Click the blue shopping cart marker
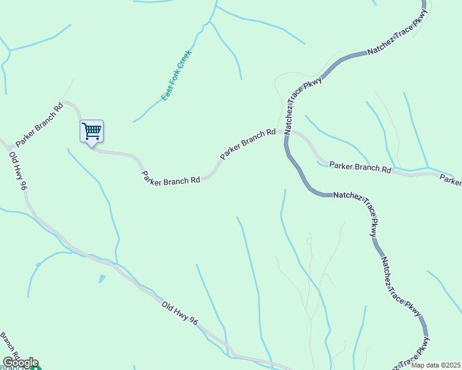(x=91, y=131)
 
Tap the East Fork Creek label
(x=177, y=75)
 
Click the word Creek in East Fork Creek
(x=185, y=59)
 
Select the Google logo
(x=20, y=363)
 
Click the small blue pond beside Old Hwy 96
(x=101, y=279)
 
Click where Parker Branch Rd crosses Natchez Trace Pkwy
(x=287, y=131)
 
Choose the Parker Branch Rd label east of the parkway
(x=360, y=167)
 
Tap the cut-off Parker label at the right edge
(x=451, y=179)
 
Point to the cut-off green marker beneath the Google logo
(x=36, y=368)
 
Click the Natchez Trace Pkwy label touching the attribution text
(x=408, y=357)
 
